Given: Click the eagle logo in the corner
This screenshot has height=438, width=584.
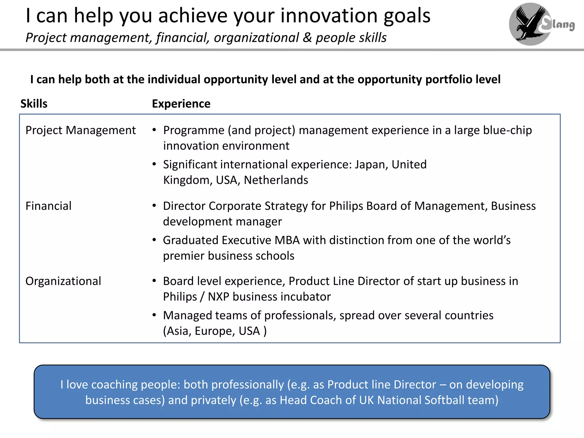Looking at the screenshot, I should click(530, 24).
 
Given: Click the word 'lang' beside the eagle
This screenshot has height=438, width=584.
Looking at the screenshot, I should click(563, 25).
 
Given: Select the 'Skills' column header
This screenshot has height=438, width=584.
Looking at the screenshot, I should click(34, 104).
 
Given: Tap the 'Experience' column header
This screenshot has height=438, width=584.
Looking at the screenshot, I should click(181, 104).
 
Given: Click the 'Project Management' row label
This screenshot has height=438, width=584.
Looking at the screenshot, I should click(80, 130).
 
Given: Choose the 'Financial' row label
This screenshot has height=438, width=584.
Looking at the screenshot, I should click(48, 206).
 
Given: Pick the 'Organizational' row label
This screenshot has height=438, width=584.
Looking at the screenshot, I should click(63, 281).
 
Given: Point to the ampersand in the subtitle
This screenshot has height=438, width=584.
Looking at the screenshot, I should click(307, 38).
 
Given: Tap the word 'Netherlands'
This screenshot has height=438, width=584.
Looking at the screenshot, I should click(276, 180).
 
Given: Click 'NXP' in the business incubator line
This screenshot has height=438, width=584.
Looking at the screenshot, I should click(218, 297).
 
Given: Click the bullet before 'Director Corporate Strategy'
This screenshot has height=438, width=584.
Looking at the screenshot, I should click(154, 206).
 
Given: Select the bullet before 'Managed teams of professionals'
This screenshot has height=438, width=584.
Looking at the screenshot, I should click(154, 315).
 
